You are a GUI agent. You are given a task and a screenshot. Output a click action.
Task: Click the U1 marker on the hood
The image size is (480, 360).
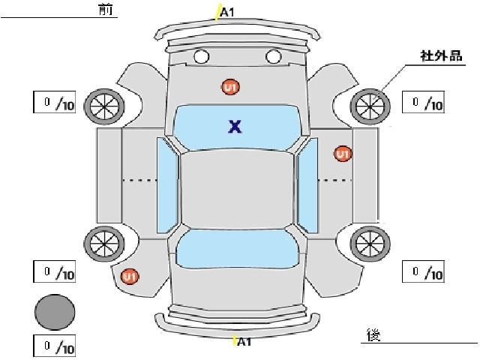(x=230, y=87)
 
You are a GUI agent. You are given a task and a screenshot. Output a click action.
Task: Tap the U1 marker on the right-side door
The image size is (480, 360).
(x=343, y=154)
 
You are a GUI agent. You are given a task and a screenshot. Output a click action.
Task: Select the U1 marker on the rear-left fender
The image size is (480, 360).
(x=130, y=277)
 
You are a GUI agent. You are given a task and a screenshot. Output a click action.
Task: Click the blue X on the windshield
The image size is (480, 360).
(x=235, y=127)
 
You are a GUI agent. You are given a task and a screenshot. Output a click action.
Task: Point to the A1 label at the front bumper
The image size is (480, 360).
(x=227, y=12)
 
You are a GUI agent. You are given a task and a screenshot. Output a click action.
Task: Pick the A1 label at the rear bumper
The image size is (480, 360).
(x=244, y=342)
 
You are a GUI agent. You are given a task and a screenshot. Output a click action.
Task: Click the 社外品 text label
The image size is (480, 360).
(x=441, y=56)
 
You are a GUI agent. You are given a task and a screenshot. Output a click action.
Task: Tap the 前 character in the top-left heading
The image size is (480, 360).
(x=106, y=10)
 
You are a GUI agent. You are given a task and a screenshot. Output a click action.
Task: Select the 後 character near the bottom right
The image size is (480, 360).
(x=373, y=335)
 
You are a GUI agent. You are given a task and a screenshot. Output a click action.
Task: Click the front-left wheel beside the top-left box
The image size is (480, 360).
(x=104, y=106)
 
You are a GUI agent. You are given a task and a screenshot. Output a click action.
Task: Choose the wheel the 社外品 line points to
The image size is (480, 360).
(x=370, y=106)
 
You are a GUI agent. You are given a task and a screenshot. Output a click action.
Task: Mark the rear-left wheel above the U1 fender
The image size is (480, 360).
(x=104, y=244)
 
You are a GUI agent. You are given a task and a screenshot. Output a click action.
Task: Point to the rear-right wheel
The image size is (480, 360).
(x=370, y=244)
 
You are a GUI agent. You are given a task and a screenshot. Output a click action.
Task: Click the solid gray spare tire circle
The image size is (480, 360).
(x=55, y=312)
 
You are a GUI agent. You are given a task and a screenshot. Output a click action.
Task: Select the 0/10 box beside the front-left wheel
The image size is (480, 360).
(x=55, y=102)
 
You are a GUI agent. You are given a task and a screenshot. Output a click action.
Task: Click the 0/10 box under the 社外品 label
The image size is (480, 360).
(x=423, y=102)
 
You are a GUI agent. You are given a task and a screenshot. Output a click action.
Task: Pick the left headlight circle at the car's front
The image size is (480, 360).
(x=202, y=57)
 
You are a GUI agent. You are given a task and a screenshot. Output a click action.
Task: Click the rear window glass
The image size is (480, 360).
(x=237, y=248)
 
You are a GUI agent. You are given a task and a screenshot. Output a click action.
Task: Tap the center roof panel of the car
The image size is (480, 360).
(x=237, y=190)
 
